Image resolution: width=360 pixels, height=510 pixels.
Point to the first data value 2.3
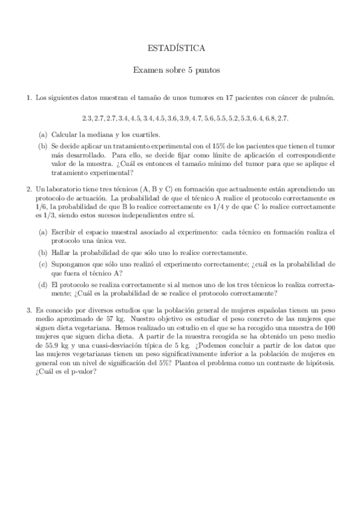[x=87, y=117]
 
